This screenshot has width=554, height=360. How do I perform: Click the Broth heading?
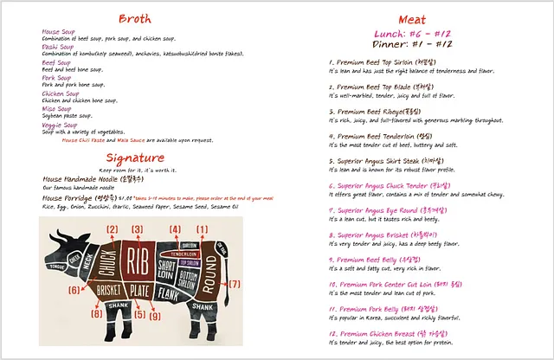pyautogui.click(x=134, y=18)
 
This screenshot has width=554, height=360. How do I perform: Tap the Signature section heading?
pyautogui.click(x=134, y=157)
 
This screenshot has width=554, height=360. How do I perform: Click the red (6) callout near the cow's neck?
pyautogui.click(x=74, y=290)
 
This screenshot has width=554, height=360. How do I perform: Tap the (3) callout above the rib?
pyautogui.click(x=136, y=229)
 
